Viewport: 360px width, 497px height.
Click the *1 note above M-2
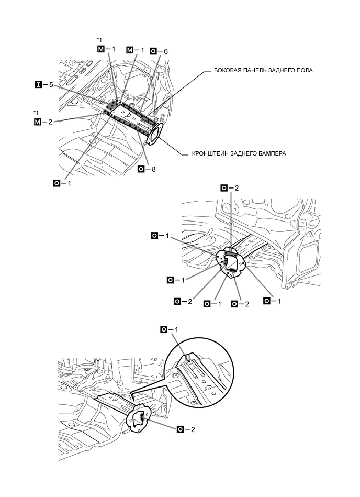pyautogui.click(x=36, y=113)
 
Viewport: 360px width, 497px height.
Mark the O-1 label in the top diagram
pyautogui.click(x=63, y=183)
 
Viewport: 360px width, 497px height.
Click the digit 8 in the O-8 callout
pyautogui.click(x=154, y=169)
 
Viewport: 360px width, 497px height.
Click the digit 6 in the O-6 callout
pyautogui.click(x=165, y=51)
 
